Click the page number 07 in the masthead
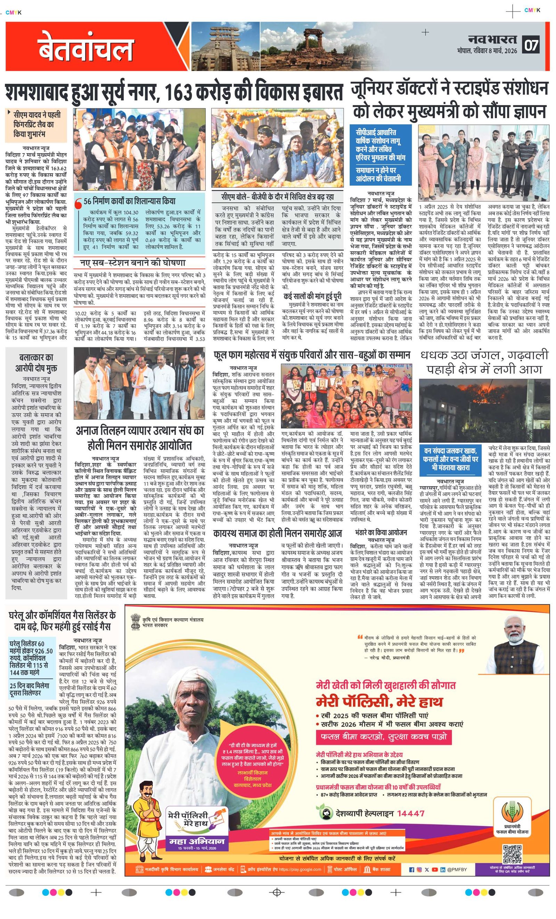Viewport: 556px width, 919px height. tap(532, 45)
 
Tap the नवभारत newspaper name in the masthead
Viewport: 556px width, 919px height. tap(493, 39)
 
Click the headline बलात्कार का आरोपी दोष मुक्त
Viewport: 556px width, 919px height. tap(36, 363)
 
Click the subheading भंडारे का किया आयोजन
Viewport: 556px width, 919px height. tap(381, 532)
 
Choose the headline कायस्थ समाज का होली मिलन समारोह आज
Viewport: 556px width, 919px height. tap(278, 533)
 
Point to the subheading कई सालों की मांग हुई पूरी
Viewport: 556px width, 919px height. tap(312, 296)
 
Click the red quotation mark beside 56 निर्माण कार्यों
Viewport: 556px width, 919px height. tap(78, 204)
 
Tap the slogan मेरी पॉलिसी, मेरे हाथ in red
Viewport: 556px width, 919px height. tap(379, 701)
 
